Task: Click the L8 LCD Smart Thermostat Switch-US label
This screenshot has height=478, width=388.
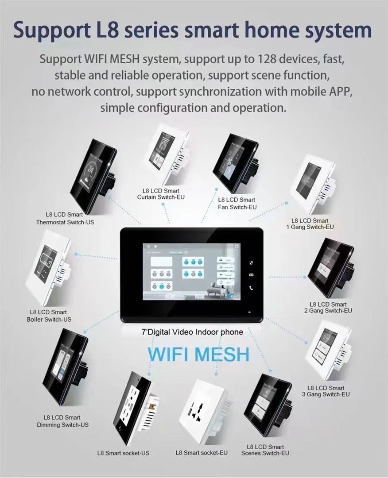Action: pyautogui.click(x=65, y=218)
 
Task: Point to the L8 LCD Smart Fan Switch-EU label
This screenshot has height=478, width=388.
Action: pyautogui.click(x=237, y=204)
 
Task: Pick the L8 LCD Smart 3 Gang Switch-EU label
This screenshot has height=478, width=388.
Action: pyautogui.click(x=326, y=391)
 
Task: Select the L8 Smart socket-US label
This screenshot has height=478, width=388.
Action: pyautogui.click(x=123, y=453)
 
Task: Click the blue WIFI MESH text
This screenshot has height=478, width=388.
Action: pyautogui.click(x=198, y=355)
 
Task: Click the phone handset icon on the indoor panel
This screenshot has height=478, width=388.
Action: pyautogui.click(x=252, y=288)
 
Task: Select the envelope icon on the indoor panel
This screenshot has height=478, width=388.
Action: pyautogui.click(x=252, y=275)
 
